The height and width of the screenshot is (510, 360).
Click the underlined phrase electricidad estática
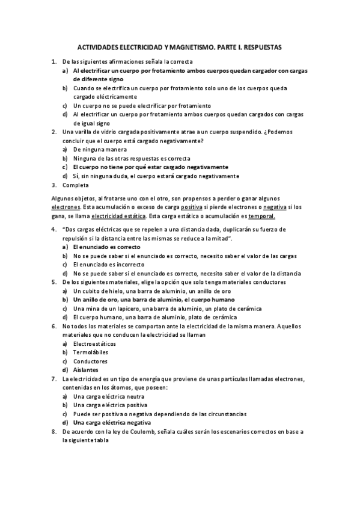117,216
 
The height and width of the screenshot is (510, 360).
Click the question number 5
54,281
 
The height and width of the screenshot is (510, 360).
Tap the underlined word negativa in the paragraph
260,207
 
